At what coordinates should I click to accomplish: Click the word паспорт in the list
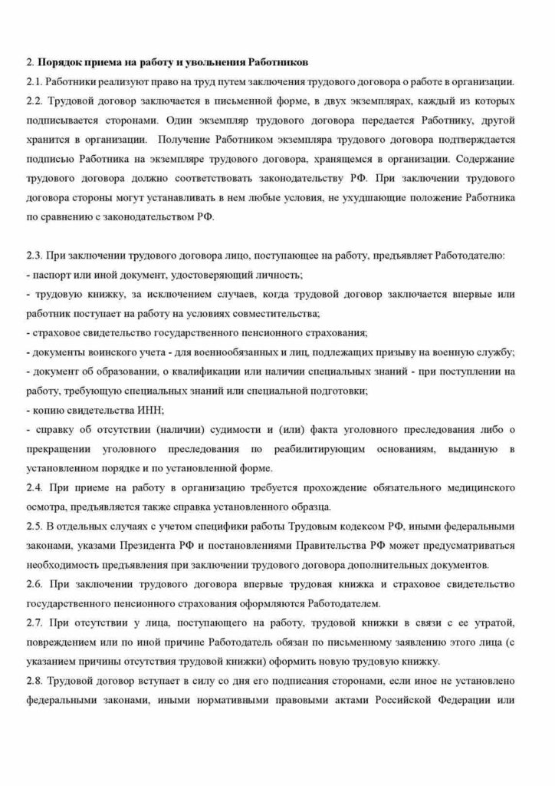(48, 273)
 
